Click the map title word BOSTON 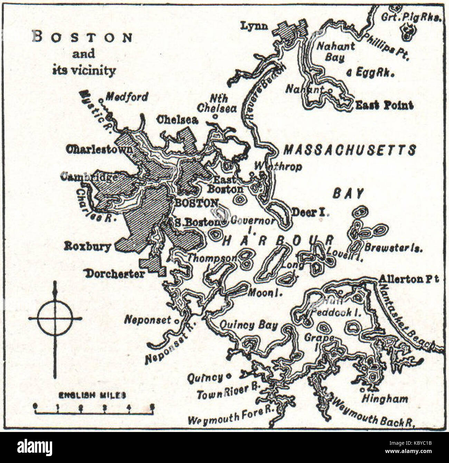click(x=82, y=37)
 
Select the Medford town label click(x=126, y=97)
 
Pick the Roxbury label click(x=87, y=246)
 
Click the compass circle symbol click(x=55, y=319)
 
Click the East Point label click(x=384, y=105)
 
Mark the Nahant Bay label click(x=335, y=51)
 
